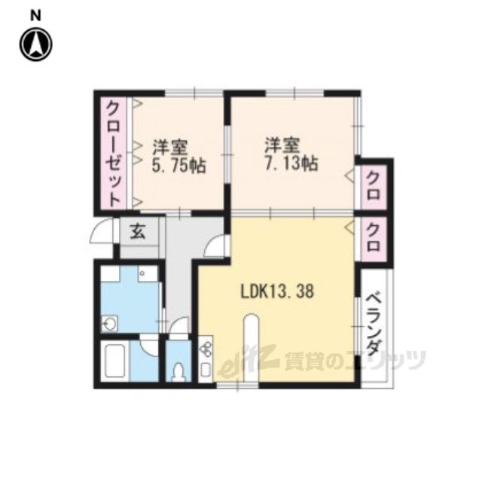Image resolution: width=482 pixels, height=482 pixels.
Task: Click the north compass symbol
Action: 36,44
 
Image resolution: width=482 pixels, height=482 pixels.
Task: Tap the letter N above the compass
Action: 36,16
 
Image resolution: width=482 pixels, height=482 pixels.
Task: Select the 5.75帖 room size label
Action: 178,166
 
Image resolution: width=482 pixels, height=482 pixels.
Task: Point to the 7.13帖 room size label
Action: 291,163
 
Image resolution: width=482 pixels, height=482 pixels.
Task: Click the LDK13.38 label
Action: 277,291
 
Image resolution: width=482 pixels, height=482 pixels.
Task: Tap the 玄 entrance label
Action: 137,231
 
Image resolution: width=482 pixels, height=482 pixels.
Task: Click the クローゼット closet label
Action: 113,154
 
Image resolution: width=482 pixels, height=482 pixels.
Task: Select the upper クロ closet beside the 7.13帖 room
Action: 374,185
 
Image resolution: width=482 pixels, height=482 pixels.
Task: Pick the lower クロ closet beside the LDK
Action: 374,237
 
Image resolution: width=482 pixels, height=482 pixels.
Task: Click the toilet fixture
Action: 178,371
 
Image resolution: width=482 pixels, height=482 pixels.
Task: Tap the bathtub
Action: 115,361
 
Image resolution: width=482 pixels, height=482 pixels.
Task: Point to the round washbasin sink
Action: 109,323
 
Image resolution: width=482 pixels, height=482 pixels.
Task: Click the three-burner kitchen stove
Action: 206,349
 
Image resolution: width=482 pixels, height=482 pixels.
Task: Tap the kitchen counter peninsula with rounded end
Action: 252,347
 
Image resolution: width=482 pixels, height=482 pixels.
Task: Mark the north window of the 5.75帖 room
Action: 194,93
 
